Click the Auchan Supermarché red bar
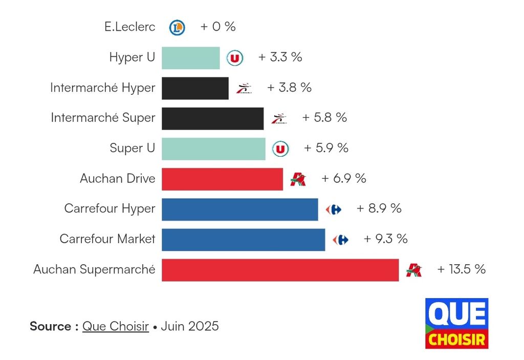point(280,270)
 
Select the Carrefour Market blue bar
point(243,240)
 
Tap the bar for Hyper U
point(190,58)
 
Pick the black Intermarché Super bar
point(212,118)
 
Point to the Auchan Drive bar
point(222,179)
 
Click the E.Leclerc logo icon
point(177,27)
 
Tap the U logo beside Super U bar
point(280,149)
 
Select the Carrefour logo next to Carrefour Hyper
point(334,209)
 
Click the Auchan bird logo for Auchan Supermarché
point(413,270)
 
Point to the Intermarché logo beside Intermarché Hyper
point(244,89)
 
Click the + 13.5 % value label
point(461,269)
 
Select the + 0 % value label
point(218,27)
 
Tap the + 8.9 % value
point(379,209)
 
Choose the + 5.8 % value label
point(324,118)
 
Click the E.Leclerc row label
point(129,27)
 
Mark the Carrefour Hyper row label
point(110,209)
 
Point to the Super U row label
point(132,149)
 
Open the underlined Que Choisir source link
point(116,326)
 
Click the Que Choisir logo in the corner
point(456,323)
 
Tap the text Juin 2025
point(190,326)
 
